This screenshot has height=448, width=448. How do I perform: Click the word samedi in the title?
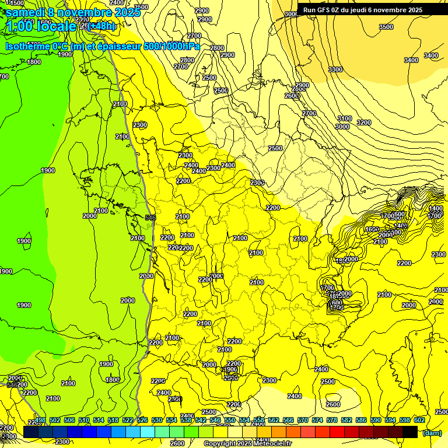26,12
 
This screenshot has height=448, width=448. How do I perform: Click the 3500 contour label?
386,27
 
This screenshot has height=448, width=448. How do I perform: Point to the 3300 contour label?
335,69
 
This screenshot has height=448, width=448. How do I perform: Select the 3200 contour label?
363,123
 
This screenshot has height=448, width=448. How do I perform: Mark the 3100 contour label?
345,118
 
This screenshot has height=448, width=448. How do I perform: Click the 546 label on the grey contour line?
150,218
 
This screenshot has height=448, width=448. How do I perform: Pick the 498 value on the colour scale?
40,420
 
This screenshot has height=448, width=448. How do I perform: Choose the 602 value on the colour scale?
419,420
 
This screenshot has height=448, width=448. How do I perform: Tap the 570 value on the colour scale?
303,420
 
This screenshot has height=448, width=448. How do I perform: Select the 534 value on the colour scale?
171,420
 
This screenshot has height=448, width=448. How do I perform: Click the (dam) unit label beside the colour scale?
432,432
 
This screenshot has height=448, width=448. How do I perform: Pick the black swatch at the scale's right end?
410,432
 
